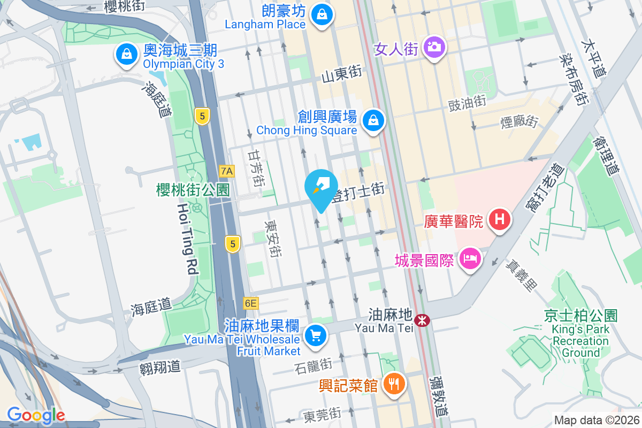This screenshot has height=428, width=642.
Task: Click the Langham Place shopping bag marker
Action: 322,15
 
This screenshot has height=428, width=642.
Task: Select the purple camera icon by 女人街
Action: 434,47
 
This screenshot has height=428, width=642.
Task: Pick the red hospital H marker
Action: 500,219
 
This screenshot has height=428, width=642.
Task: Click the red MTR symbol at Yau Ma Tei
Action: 423,321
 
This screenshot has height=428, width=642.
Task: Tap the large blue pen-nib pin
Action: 321,189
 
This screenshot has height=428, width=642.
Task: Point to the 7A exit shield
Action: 227,171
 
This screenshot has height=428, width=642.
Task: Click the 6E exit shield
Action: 250,303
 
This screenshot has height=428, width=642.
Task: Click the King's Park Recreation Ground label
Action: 580,334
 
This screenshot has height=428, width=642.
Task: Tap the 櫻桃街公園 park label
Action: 193,189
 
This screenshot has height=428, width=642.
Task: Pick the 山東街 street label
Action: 342,77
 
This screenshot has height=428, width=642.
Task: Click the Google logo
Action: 36,415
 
